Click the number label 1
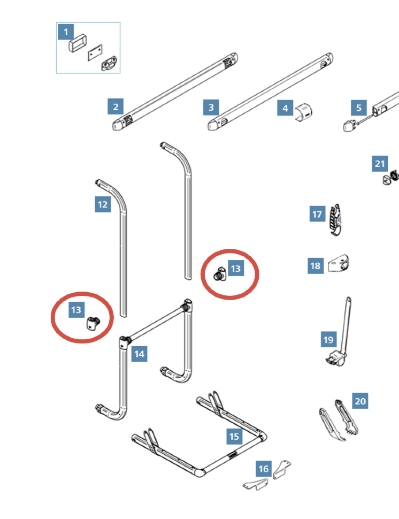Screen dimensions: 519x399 [x=66, y=32]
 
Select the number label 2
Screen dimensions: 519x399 [x=115, y=106]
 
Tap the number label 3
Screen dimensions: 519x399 [x=211, y=107]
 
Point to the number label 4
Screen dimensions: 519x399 [x=285, y=108]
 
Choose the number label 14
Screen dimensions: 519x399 [x=139, y=353]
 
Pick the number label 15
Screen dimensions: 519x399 [x=234, y=436]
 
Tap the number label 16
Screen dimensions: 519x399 [x=264, y=469]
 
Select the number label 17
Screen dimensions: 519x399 [x=317, y=214]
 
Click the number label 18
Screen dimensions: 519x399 [x=316, y=265]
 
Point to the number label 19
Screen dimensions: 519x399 [x=328, y=339]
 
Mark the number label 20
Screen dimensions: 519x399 [x=360, y=401]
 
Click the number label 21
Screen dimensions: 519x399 [x=380, y=164]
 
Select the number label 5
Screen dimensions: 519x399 [x=358, y=108]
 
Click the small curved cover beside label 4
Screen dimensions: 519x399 [x=304, y=113]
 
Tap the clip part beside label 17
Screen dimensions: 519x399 [x=335, y=220]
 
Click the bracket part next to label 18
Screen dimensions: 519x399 [x=339, y=264]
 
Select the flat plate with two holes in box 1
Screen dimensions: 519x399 [x=95, y=54]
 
